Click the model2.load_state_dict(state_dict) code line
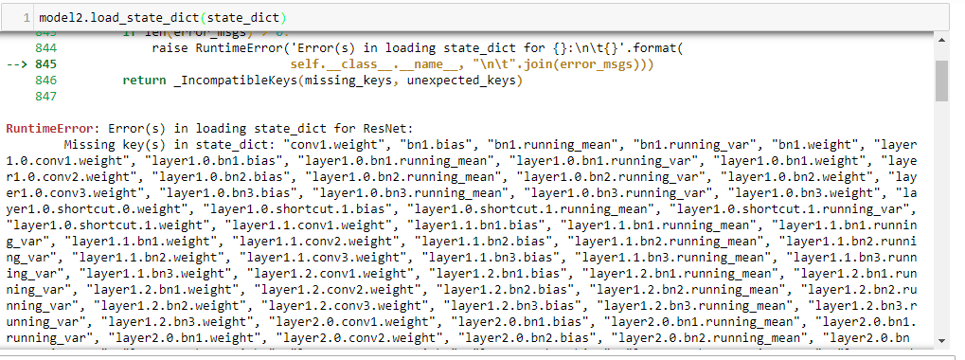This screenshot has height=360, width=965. click(x=162, y=19)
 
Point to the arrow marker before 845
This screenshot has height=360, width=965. click(x=18, y=64)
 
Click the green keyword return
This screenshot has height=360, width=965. click(x=143, y=81)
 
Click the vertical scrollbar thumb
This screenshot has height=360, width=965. click(x=941, y=81)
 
